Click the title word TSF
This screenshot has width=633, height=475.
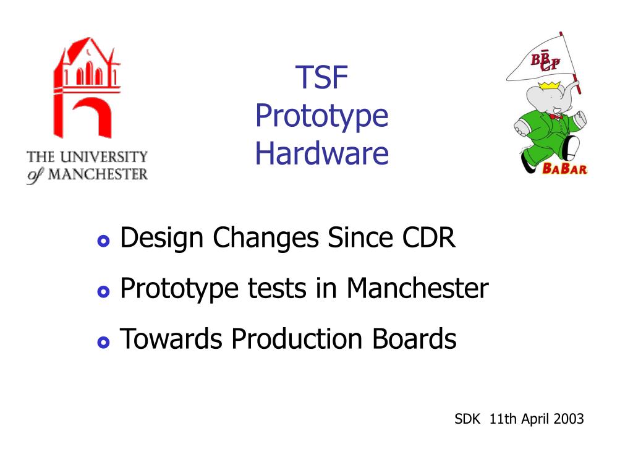click(321, 77)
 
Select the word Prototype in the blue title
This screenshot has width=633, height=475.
click(321, 116)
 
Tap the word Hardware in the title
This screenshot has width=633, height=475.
click(321, 153)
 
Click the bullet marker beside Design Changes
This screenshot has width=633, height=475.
click(103, 241)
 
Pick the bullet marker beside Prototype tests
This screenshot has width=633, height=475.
click(103, 291)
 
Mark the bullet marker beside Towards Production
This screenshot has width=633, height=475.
click(103, 342)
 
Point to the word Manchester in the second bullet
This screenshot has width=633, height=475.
click(417, 288)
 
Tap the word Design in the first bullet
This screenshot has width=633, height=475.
click(161, 238)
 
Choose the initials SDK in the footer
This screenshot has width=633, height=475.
click(467, 419)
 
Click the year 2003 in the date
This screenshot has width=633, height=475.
click(569, 419)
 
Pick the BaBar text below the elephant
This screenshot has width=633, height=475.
click(564, 168)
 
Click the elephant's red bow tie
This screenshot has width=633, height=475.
click(556, 116)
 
